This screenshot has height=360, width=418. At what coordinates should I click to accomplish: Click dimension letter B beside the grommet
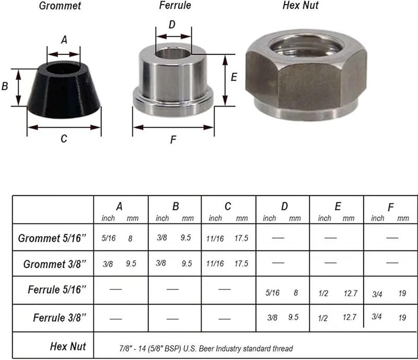pyautogui.click(x=5, y=86)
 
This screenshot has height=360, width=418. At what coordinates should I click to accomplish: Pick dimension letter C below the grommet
pyautogui.click(x=64, y=138)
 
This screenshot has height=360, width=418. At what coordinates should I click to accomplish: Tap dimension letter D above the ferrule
pyautogui.click(x=172, y=25)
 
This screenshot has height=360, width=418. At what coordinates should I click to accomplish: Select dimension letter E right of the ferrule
pyautogui.click(x=234, y=77)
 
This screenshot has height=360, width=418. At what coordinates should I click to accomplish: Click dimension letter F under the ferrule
pyautogui.click(x=172, y=141)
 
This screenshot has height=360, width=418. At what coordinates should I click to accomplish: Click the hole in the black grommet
pyautogui.click(x=63, y=68)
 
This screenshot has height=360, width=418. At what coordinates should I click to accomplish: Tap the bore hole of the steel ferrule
pyautogui.click(x=172, y=53)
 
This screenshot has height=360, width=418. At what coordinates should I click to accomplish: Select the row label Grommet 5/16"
pyautogui.click(x=52, y=238)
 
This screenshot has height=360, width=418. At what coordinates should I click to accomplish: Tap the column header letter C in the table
pyautogui.click(x=228, y=206)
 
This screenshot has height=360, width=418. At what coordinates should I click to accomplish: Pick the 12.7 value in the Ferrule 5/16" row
pyautogui.click(x=350, y=293)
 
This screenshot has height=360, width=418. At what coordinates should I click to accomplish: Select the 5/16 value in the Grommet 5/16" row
pyautogui.click(x=109, y=238)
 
